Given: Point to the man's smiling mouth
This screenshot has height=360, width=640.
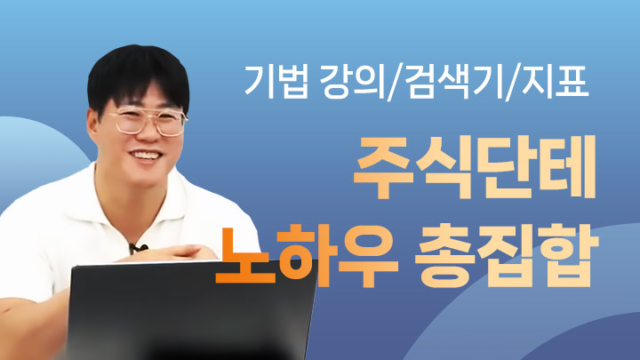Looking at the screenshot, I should [x=145, y=161].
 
